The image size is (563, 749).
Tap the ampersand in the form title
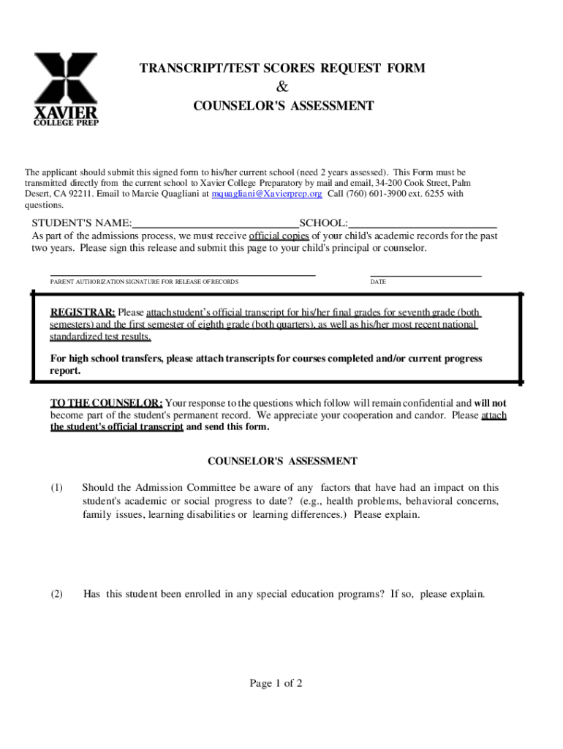(x=283, y=87)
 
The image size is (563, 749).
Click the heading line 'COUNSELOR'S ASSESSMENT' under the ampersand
(x=283, y=106)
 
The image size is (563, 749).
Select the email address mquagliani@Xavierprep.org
(x=266, y=194)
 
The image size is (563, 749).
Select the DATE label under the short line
(x=378, y=282)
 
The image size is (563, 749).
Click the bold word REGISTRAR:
(x=82, y=312)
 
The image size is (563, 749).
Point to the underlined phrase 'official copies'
(x=279, y=236)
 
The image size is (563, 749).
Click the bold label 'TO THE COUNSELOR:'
(x=106, y=403)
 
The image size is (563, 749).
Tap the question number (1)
(x=57, y=488)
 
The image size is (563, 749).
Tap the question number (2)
(x=57, y=594)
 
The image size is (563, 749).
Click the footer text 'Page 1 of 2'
(x=276, y=684)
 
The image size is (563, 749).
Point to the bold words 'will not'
(x=490, y=403)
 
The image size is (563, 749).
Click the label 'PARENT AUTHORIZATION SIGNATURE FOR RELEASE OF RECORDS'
(x=144, y=282)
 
